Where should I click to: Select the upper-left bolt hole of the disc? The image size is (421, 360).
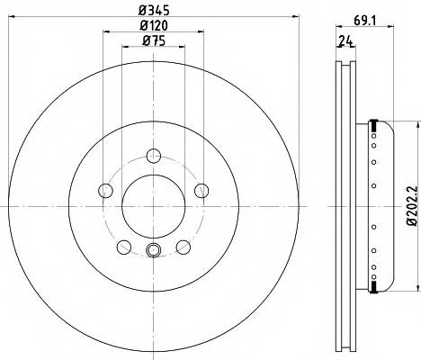pos(106,190)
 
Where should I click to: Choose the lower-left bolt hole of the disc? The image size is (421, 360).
pos(124,245)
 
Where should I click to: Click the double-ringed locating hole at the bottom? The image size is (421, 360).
pos(153,250)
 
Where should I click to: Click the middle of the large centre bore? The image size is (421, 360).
pos(153,204)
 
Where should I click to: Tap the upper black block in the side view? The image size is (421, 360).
pos(370,122)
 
